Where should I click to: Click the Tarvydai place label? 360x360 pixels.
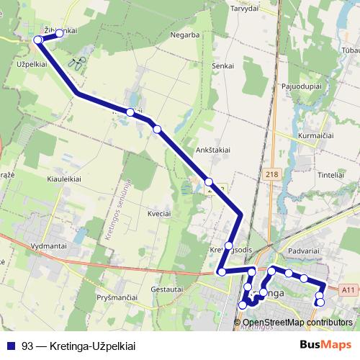pyautogui.click(x=243, y=9)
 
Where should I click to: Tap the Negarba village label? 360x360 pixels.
pyautogui.click(x=184, y=35)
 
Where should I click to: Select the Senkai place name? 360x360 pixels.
pyautogui.click(x=223, y=66)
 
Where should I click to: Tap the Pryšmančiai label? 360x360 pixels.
pyautogui.click(x=117, y=297)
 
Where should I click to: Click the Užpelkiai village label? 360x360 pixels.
pyautogui.click(x=31, y=64)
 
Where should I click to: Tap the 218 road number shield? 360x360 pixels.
pyautogui.click(x=271, y=175)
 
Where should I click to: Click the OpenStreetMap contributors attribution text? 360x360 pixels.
pyautogui.click(x=297, y=323)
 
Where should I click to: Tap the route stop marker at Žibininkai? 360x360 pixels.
pyautogui.click(x=60, y=33)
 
